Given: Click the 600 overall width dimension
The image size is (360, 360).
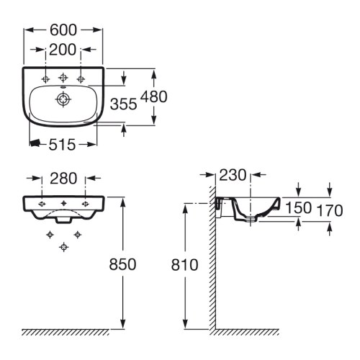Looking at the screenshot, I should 63,30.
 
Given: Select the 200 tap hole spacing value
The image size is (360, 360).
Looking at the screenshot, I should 63,50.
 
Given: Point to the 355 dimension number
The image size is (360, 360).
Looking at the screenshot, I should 124,104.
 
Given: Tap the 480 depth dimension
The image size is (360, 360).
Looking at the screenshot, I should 155,96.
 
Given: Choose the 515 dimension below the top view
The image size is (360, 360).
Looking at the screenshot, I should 63,145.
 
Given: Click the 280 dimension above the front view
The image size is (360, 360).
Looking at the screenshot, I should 63,179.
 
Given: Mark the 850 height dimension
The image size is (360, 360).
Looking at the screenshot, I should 123,265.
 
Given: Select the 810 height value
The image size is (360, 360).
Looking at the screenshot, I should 184,265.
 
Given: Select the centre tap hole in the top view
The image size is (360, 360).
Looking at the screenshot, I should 63,76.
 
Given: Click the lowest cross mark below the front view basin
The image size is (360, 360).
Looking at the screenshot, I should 64,247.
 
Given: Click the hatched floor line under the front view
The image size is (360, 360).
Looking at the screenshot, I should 65,333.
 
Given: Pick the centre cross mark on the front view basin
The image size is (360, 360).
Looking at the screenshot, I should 64,203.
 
